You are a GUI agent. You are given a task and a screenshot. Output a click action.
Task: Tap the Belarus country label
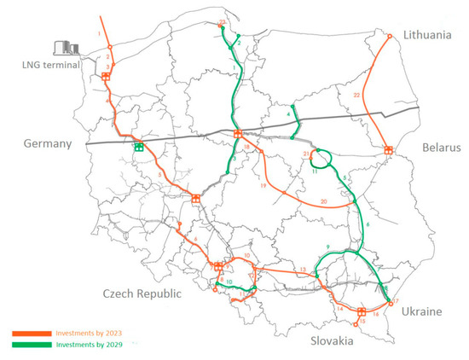tap(439, 148)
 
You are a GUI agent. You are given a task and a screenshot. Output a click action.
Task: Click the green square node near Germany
tap(137, 147)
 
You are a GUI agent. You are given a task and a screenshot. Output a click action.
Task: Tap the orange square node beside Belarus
tap(389, 150)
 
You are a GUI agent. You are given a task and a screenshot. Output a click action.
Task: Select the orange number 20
tap(323, 201)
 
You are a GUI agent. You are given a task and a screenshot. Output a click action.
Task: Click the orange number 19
tap(263, 185)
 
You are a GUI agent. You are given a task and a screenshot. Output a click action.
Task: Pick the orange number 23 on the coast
tap(223, 21)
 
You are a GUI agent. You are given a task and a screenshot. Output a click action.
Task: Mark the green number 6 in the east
tap(368, 224)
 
